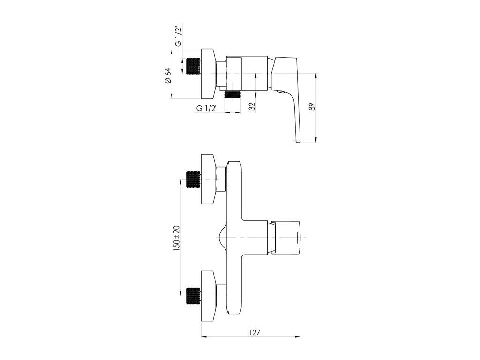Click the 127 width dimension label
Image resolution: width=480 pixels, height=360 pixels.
(255, 332)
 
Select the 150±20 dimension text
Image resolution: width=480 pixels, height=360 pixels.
(177, 239)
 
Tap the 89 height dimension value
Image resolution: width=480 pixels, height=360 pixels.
(312, 106)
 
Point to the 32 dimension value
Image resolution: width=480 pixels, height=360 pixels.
(252, 106)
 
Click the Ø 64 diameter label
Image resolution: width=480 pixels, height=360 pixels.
(168, 76)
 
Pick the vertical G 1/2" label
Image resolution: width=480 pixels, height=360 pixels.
(179, 37)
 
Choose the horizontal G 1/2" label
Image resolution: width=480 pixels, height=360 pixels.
(207, 108)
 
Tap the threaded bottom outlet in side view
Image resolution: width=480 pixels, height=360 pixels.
(232, 94)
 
